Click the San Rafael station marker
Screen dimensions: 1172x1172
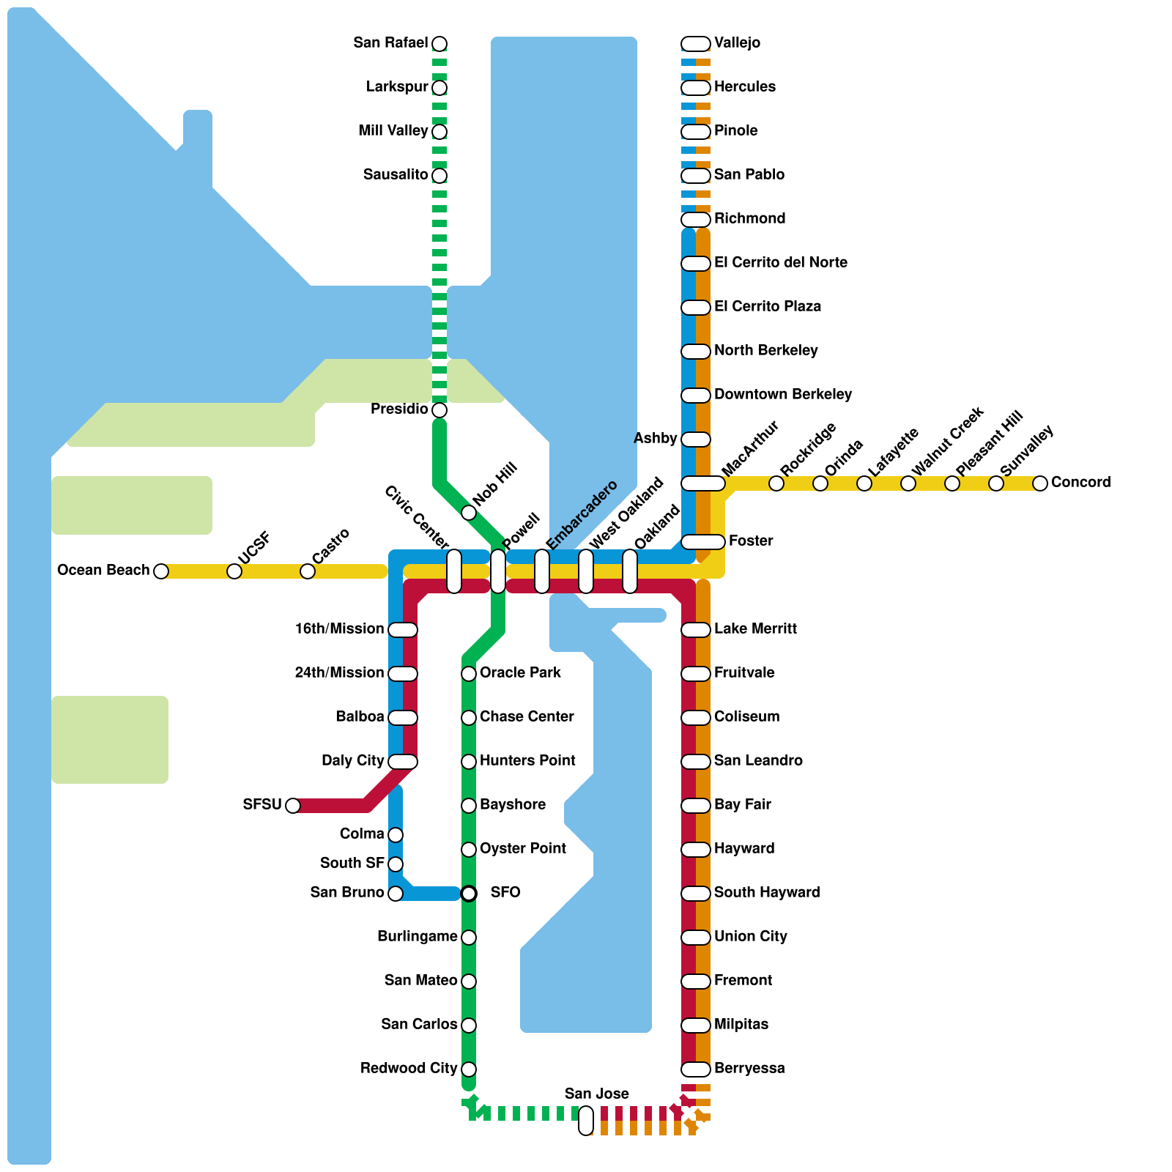point(439,44)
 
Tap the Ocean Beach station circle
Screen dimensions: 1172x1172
point(161,571)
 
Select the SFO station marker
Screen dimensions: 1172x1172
point(469,894)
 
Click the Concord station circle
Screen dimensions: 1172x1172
point(1040,483)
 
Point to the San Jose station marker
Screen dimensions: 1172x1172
point(586,1121)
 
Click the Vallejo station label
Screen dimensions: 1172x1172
point(737,43)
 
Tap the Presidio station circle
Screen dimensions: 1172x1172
point(439,410)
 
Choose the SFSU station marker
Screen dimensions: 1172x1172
point(293,806)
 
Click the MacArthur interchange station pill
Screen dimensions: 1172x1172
point(703,483)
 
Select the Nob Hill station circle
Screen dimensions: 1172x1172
point(469,513)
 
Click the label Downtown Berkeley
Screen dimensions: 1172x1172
point(782,395)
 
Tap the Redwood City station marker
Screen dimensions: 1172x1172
point(469,1069)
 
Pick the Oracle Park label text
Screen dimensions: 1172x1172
point(520,673)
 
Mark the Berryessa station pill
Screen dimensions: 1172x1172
point(696,1069)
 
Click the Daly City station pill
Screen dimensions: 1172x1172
point(403,762)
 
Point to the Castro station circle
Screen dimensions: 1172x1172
point(308,571)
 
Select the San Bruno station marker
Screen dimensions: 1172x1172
point(396,894)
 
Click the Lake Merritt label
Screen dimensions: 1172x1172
point(755,629)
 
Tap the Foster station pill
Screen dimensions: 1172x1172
point(703,542)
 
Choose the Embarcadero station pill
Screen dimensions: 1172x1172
point(542,571)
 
